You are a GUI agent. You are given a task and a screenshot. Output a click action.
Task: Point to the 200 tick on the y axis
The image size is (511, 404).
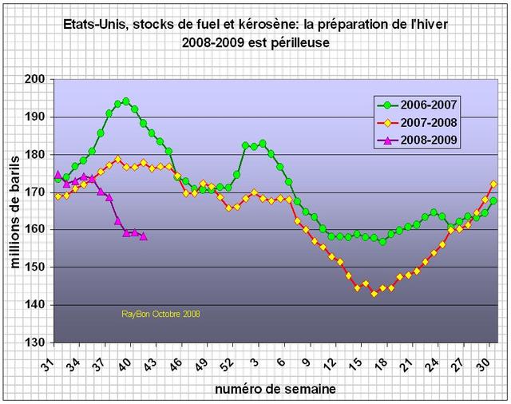coord(34,79)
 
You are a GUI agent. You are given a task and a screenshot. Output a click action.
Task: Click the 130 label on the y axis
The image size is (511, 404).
coord(34,343)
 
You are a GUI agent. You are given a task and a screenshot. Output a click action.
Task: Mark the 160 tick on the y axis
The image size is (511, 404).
coord(34,230)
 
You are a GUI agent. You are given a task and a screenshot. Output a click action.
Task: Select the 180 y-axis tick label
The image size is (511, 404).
coord(34,154)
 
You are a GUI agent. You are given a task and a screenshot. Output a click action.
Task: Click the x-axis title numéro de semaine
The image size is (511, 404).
coord(275,389)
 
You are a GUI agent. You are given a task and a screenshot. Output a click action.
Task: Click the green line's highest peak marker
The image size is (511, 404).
coord(126,101)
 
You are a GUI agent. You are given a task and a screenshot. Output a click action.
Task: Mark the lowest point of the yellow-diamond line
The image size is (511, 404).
coord(374,293)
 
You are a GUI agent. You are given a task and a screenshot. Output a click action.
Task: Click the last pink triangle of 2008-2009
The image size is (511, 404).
coord(143,236)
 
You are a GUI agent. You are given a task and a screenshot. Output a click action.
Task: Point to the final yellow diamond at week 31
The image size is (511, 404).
coord(493,184)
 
